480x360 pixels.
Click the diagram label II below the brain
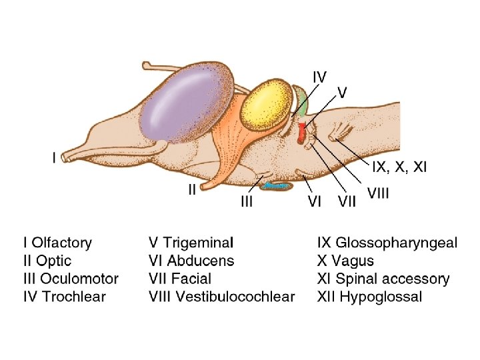pyautogui.click(x=192, y=189)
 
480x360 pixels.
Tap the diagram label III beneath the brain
pyautogui.click(x=247, y=201)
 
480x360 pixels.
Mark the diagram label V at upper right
pyautogui.click(x=341, y=92)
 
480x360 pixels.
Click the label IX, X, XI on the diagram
pyautogui.click(x=399, y=167)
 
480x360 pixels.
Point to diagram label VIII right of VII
pyautogui.click(x=378, y=193)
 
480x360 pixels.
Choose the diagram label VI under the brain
pyautogui.click(x=315, y=201)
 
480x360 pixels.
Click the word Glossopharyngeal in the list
pyautogui.click(x=397, y=242)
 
